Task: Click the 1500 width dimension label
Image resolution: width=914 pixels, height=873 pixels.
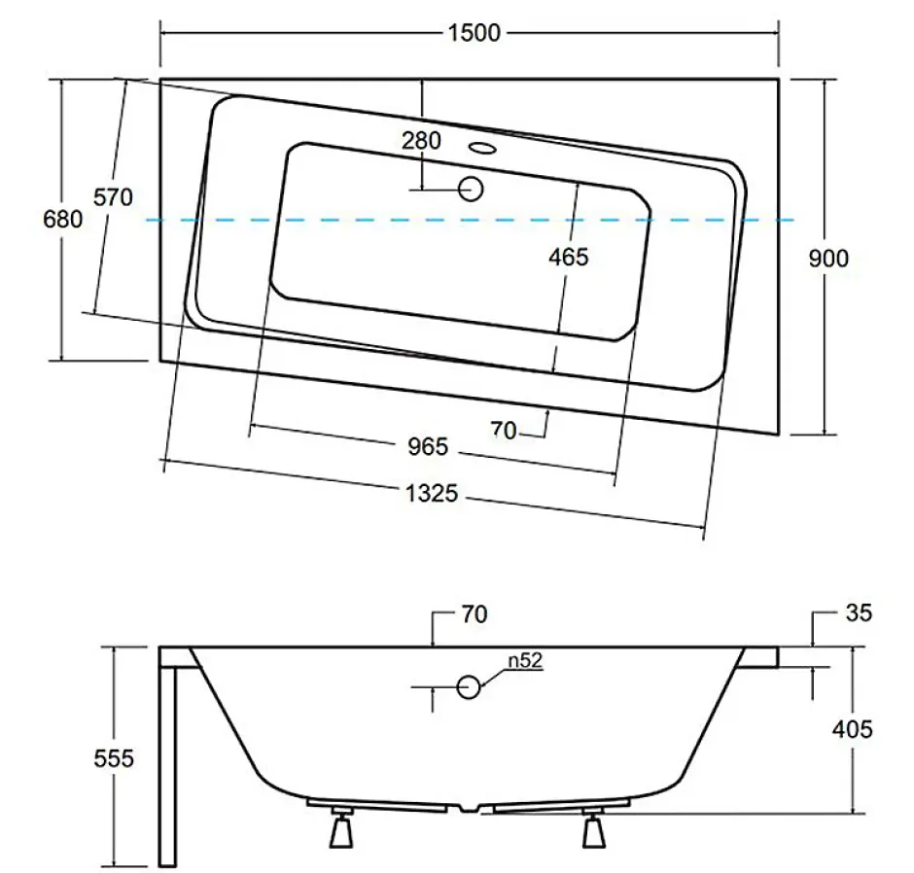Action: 474,33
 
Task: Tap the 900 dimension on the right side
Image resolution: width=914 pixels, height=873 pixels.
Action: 828,259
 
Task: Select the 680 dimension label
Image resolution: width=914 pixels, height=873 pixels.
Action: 63,219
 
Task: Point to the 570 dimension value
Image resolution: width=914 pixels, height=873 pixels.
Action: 113,197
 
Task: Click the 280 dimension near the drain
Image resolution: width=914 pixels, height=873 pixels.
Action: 421,140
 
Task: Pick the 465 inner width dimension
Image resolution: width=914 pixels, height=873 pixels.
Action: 569,257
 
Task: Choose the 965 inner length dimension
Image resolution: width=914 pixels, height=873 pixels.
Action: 428,446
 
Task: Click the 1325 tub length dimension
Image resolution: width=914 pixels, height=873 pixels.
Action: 432,493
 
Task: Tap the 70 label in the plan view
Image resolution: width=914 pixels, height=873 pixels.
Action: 504,430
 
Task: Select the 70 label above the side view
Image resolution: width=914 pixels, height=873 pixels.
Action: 474,614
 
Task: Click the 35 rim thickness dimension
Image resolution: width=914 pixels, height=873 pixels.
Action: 859,612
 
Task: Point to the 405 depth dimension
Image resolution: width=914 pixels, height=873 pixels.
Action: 852,729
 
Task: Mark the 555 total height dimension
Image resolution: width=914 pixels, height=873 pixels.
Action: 114,758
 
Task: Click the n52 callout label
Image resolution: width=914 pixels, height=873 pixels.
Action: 525,660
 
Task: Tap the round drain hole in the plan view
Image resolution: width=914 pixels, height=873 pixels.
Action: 471,189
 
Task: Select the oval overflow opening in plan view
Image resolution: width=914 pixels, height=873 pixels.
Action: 482,148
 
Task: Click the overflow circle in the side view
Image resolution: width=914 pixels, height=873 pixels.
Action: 468,687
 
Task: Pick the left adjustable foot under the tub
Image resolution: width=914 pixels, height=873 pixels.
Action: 341,827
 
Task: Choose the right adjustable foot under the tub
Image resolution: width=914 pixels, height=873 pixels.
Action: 594,827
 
